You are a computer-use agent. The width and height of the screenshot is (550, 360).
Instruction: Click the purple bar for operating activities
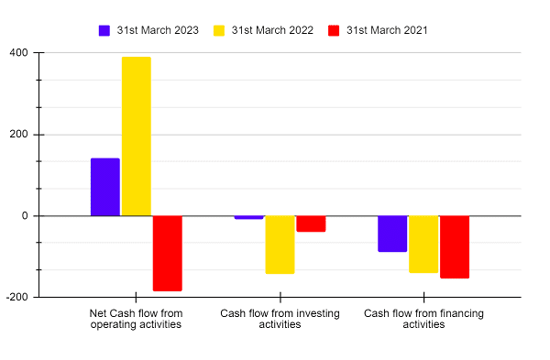point(104,187)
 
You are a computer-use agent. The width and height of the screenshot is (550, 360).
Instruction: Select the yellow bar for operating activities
point(136,136)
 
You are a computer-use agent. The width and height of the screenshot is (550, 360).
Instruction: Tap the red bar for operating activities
point(167,253)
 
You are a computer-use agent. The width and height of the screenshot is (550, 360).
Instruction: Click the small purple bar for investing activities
point(248,217)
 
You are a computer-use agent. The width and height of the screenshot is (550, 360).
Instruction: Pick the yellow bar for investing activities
point(280,245)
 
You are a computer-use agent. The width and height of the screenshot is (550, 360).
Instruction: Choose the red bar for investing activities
point(311,224)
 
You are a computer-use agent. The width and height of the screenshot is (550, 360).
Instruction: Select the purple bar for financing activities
point(392,234)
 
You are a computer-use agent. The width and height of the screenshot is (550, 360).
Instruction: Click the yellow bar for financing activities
point(423,244)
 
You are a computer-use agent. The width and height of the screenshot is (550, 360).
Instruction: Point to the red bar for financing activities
point(455,246)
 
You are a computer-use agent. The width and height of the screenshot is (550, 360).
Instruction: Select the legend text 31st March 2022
point(272,30)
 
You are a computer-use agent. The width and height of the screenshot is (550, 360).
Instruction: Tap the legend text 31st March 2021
point(387,30)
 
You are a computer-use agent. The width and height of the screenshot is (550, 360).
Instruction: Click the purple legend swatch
point(104,30)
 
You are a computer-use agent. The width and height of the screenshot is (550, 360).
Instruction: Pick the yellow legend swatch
point(220,30)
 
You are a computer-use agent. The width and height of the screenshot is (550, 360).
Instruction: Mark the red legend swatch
point(335,30)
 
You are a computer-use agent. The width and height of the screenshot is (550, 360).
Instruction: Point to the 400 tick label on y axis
point(18,53)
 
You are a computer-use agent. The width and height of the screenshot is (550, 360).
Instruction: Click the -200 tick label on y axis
point(16,298)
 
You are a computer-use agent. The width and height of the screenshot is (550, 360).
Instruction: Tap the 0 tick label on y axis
point(24,216)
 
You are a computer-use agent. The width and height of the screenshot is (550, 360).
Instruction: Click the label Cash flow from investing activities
point(280,319)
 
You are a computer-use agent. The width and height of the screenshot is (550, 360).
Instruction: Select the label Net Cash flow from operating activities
point(136,319)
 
